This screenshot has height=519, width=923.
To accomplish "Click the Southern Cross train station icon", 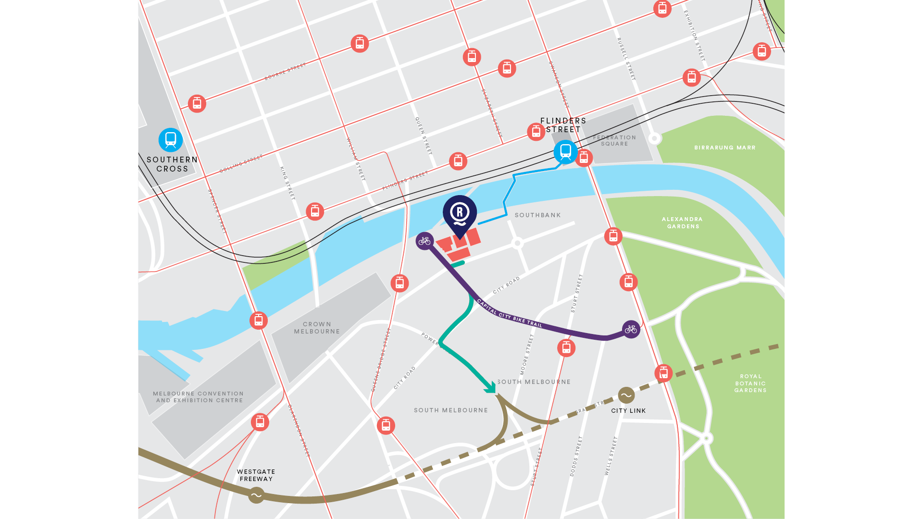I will click(171, 140).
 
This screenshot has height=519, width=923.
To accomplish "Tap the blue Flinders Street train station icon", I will click(565, 152).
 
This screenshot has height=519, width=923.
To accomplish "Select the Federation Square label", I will click(614, 140).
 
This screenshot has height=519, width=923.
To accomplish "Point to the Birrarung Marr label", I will click(724, 148).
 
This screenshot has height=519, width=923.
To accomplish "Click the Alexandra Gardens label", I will click(683, 222).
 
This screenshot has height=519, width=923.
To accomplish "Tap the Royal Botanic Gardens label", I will click(750, 383).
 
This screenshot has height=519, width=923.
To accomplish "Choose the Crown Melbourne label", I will click(317, 328).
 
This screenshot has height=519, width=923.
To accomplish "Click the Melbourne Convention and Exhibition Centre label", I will click(199, 397).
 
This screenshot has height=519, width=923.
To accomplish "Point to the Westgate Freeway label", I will click(256, 475).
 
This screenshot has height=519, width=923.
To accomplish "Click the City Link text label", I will click(628, 411).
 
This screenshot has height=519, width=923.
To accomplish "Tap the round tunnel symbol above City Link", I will click(626, 395).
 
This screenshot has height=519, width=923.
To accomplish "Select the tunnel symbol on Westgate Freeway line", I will click(256, 495).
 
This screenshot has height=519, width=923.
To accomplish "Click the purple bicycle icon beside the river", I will click(424, 241).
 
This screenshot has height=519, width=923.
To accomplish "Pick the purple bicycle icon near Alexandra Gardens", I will click(631, 329).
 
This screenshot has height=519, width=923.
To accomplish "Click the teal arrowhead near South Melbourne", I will click(490, 387).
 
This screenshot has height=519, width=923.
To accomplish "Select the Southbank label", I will click(537, 215).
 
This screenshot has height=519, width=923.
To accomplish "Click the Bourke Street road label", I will click(285, 72).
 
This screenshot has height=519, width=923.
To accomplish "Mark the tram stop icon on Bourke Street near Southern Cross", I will click(197, 104).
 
